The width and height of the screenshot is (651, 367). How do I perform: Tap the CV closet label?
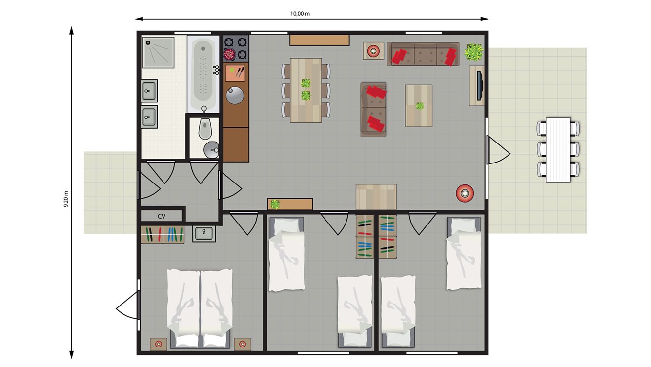click(162, 216)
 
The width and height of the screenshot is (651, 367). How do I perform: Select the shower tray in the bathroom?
click(158, 52)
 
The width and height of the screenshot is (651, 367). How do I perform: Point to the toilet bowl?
click(205, 129)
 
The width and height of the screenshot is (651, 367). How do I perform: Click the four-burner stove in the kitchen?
click(236, 48)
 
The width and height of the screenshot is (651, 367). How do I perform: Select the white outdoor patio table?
click(558, 149)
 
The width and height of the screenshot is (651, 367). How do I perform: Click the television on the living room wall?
click(480, 85)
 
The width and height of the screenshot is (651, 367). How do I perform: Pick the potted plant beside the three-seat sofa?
click(473, 51)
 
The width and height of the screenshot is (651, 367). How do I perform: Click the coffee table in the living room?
click(419, 106)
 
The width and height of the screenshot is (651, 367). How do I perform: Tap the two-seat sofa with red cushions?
click(373, 110)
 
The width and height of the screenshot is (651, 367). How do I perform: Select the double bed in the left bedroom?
click(200, 307)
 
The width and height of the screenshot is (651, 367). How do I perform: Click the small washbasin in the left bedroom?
click(203, 234)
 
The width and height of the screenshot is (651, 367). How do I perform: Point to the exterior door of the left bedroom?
click(128, 306)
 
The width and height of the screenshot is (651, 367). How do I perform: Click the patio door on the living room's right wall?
click(498, 150)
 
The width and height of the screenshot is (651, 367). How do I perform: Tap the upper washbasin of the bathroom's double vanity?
click(149, 90)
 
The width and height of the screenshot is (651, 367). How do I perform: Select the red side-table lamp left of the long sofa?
click(373, 51)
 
